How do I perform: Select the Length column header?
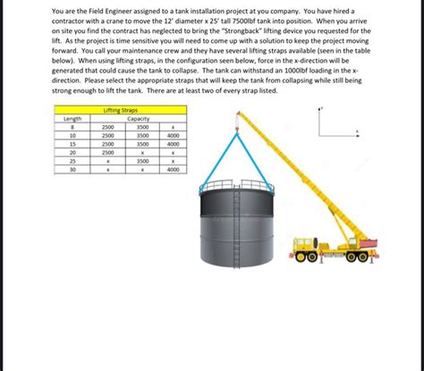pos(72,118)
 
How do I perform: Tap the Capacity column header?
pos(139,118)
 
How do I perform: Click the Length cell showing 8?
pos(72,126)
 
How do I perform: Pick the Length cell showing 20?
pos(72,152)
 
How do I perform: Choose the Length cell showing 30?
pos(72,169)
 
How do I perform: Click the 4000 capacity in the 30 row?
pos(173,169)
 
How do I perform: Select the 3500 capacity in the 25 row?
pos(141,161)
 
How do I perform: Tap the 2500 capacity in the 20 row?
pos(107,152)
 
